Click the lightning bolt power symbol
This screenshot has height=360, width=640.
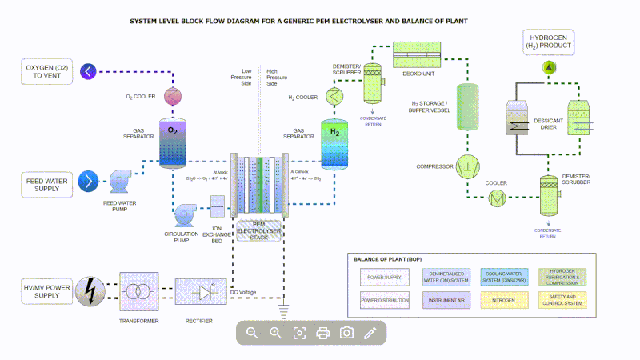[x=91, y=290]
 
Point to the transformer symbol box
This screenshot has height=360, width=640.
[x=141, y=292]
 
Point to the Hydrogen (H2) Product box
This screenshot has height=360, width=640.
[x=548, y=42]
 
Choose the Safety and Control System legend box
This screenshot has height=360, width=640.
[x=565, y=301]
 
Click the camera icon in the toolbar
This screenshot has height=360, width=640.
[x=346, y=333]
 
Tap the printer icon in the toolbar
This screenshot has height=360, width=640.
[x=323, y=333]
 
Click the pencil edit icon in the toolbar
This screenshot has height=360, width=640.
[x=370, y=333]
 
